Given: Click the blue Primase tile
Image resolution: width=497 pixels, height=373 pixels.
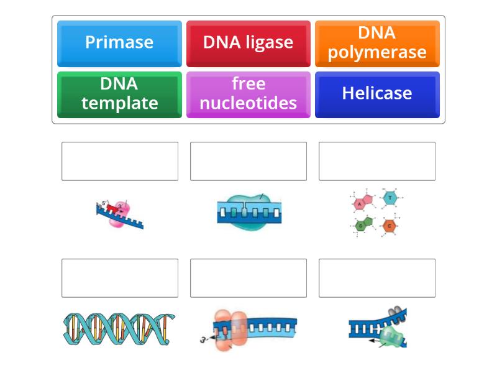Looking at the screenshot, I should (119, 43).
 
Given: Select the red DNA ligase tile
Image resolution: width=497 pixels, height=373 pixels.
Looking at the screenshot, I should (248, 43).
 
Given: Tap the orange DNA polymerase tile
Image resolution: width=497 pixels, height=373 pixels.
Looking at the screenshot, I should (377, 43).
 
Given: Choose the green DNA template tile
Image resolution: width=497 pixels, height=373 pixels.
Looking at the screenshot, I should (119, 94).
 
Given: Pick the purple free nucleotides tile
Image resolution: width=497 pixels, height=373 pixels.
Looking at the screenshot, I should (248, 94).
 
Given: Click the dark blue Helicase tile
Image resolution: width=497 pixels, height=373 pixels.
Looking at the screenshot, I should (377, 94).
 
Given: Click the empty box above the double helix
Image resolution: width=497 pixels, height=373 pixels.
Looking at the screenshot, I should (120, 278).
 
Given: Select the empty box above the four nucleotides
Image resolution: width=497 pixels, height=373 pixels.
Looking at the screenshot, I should (377, 161).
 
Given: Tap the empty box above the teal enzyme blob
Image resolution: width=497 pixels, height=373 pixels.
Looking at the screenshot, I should (248, 161).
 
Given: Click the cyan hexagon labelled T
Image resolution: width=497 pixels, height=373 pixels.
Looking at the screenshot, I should (390, 198).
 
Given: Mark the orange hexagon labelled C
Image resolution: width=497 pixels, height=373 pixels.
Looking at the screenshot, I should (390, 226).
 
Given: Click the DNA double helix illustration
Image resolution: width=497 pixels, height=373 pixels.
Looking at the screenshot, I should (119, 329).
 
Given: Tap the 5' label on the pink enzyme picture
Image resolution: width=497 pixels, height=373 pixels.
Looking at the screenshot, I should (104, 203).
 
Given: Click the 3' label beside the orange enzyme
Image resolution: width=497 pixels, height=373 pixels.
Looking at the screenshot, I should (203, 340).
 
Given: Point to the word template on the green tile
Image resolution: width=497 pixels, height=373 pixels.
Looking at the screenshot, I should (119, 103).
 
